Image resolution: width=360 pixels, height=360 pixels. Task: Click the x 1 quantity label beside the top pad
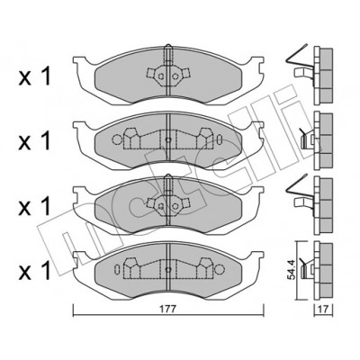(34, 76)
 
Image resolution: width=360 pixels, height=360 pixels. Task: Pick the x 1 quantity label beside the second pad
(34, 140)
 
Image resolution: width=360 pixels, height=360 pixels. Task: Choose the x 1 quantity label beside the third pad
(34, 206)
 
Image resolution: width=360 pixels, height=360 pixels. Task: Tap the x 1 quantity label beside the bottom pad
(34, 271)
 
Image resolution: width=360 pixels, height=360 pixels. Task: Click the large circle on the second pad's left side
(117, 139)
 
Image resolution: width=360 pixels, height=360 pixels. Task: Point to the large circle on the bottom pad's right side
(220, 268)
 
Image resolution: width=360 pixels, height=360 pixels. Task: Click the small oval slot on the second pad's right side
(220, 139)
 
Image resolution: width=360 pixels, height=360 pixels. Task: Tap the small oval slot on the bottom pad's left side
(118, 268)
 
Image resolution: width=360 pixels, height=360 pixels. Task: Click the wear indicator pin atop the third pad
(168, 184)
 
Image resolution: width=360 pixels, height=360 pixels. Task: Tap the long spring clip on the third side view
(296, 184)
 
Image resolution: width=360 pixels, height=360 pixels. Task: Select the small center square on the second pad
(168, 139)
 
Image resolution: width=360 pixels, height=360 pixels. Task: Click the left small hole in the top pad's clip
(161, 76)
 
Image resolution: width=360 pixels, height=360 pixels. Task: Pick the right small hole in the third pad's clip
(175, 206)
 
